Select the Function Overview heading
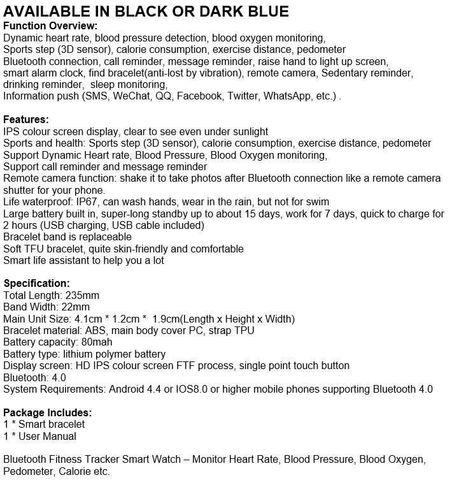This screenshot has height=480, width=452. pos(50,26)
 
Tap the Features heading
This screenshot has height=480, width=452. pos(26,120)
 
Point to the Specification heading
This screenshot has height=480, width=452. pos(37,284)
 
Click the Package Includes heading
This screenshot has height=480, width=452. pos(48,412)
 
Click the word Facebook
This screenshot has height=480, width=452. pos(199,96)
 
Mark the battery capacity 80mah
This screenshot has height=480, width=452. pos(97,342)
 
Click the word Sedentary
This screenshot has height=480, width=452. pos(344,73)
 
